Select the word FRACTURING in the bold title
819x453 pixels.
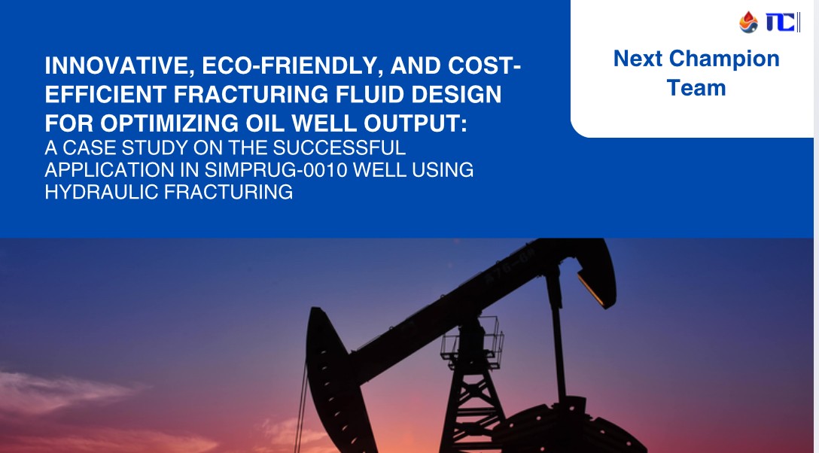(251, 95)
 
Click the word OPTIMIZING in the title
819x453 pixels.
(170, 123)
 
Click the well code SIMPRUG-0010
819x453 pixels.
(276, 170)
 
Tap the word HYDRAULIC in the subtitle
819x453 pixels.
(102, 192)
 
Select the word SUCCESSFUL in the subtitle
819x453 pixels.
(339, 147)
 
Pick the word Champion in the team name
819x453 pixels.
(724, 59)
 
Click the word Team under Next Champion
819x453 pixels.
(696, 88)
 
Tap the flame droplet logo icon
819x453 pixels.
(748, 23)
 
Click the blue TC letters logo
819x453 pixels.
(781, 23)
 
